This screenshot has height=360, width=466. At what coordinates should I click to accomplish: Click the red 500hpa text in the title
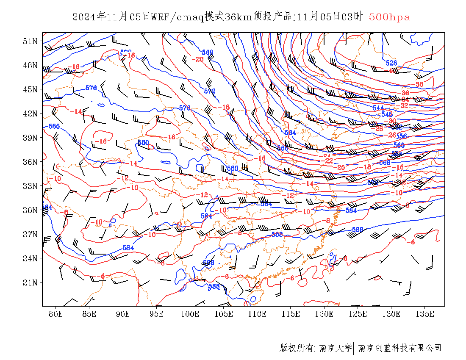click(x=389, y=17)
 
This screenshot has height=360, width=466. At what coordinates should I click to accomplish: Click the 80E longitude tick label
click(x=56, y=314)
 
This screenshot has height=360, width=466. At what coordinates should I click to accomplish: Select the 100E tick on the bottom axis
click(x=190, y=314)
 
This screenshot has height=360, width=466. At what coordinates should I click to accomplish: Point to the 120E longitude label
click(x=325, y=314)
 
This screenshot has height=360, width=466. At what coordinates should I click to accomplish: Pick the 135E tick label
click(x=425, y=314)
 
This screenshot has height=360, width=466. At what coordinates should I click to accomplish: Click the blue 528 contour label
click(x=391, y=63)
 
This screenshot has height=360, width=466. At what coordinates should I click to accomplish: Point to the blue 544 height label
click(x=378, y=108)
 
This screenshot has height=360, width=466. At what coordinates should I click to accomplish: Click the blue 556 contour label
click(x=401, y=136)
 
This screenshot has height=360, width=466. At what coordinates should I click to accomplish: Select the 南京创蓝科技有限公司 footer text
click(x=399, y=348)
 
